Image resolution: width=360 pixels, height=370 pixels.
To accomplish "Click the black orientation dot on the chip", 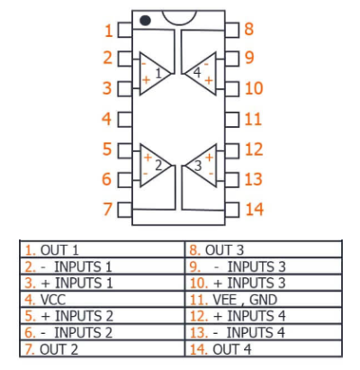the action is [145, 21].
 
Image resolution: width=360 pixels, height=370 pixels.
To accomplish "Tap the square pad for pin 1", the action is [125, 30].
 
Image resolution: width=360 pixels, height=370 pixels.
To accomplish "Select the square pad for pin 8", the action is [232, 30].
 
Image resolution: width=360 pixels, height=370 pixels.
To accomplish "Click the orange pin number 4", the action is [107, 119].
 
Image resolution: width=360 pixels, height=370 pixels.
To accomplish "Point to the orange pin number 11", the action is [253, 119].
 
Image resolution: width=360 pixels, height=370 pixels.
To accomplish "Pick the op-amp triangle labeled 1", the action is [155, 74].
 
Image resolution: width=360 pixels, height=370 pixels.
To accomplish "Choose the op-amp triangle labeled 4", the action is [200, 74].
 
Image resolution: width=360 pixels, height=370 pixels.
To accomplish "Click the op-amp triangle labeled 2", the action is [155, 166].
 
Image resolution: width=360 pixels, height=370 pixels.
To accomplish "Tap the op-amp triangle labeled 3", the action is [201, 166].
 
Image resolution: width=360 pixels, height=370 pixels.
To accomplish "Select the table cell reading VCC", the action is [102, 299].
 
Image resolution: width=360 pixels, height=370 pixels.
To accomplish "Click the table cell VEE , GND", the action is [264, 299].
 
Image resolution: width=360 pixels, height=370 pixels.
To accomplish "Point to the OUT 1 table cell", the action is [102, 249].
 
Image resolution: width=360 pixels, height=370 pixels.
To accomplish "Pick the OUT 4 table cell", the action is [264, 348].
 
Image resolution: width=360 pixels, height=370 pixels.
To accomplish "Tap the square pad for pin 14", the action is [232, 210].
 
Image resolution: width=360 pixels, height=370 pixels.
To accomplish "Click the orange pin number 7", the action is [108, 209].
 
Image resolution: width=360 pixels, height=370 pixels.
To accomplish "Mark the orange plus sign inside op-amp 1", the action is [146, 80].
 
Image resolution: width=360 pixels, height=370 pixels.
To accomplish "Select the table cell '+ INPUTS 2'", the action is [102, 316].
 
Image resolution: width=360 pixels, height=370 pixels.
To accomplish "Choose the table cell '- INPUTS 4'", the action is [264, 332].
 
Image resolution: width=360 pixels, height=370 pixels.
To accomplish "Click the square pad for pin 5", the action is [125, 151].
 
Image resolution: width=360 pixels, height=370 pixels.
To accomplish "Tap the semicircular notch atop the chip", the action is [179, 18].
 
